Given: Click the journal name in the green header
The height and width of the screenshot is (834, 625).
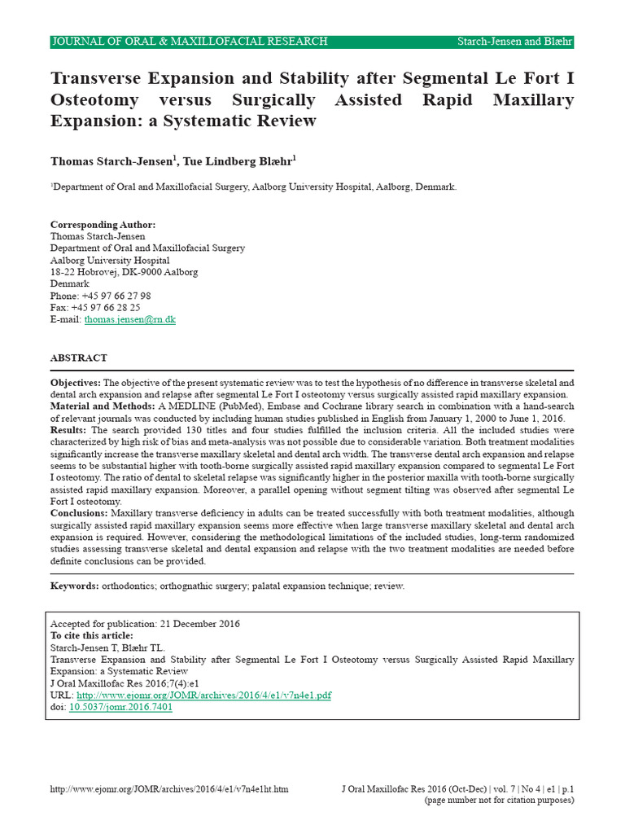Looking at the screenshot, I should coord(190,42).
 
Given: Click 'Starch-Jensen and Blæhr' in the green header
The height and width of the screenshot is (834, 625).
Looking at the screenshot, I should coord(515,42).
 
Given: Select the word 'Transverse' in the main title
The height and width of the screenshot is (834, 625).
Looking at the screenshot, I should coord(99,79).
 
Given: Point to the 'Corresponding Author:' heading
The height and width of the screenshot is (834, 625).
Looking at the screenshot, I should coord(103,225).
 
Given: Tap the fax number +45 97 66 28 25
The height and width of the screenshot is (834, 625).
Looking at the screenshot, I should coord(105,308).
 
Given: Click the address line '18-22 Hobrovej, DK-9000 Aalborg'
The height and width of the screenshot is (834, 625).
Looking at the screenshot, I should coord(124,272).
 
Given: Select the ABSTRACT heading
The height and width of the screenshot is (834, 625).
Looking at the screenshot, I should coord(79,358).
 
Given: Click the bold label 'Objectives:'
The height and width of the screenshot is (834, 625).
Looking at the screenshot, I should coord(76,383).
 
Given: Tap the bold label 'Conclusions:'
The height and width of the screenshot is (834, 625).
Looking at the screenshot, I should coord(79,514).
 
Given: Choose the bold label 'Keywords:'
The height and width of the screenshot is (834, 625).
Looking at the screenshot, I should coord(74,586).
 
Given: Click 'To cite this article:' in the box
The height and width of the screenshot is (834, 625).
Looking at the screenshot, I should coord(92,635).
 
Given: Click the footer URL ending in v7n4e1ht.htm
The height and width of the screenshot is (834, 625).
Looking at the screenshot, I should coord(169,789).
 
